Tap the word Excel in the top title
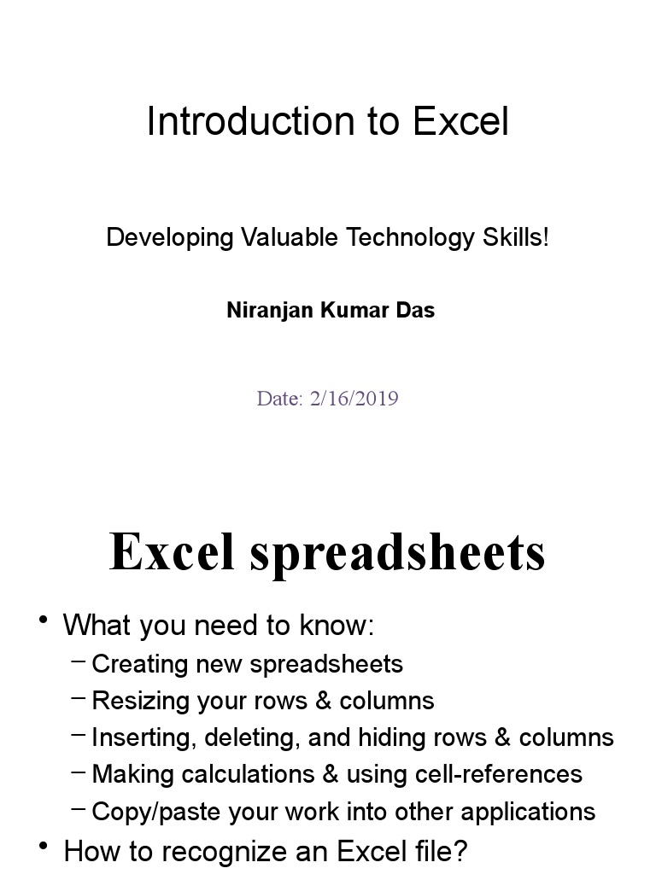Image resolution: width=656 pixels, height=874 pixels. coord(460,121)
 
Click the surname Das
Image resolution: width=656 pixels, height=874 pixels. coord(415,311)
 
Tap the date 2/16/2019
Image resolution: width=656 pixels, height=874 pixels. coord(354,399)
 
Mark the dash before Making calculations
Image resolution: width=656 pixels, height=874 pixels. coord(79,771)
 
